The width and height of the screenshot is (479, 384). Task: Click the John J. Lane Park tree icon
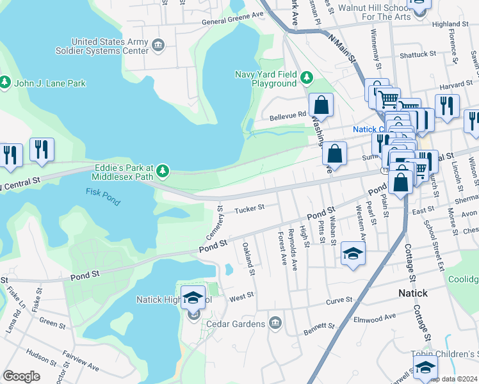click(x=6, y=83)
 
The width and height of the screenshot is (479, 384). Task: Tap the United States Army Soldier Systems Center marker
click(x=158, y=45)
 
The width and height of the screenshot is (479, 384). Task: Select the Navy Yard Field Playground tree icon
click(x=307, y=78)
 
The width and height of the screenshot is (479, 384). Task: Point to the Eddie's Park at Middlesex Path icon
click(x=163, y=170)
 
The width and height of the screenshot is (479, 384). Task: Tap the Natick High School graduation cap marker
click(x=193, y=298)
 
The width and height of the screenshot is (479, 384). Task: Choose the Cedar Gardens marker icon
click(x=275, y=321)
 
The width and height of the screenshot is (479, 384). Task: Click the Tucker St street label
click(x=249, y=209)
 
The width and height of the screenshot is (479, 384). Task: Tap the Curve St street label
click(x=339, y=300)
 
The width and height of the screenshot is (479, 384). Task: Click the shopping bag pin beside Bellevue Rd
click(x=321, y=105)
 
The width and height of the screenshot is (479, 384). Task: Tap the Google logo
click(x=21, y=376)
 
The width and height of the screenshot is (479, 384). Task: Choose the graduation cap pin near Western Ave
click(x=353, y=253)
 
